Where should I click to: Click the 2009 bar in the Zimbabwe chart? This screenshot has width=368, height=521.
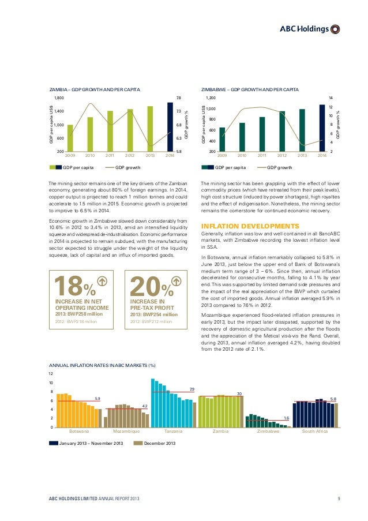pyautogui.click(x=222, y=139)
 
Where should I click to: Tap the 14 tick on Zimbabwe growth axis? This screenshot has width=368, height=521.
pyautogui.click(x=331, y=99)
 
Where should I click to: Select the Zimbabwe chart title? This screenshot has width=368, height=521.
pyautogui.click(x=249, y=90)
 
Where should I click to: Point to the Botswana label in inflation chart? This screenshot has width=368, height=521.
pyautogui.click(x=79, y=431)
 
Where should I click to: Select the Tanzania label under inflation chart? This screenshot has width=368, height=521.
pyautogui.click(x=173, y=431)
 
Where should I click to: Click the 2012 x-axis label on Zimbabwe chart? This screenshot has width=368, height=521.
pyautogui.click(x=281, y=155)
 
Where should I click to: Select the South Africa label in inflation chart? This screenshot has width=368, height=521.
pyautogui.click(x=314, y=431)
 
